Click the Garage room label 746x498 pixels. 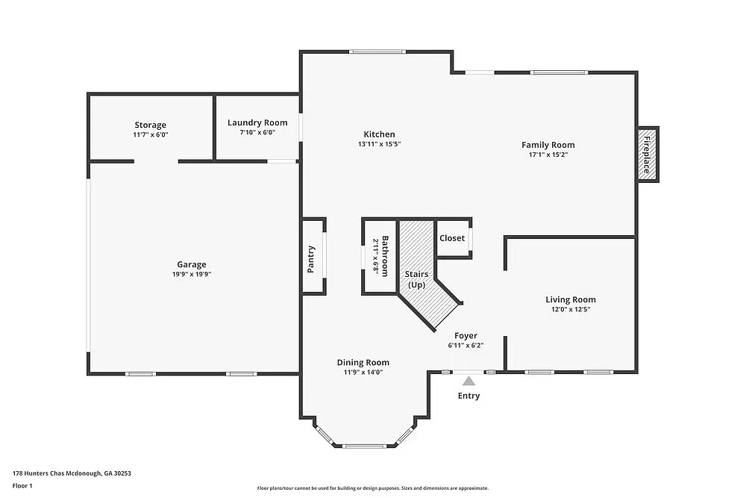(x=191, y=264)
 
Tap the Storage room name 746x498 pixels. (x=150, y=125)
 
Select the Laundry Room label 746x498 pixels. (x=257, y=122)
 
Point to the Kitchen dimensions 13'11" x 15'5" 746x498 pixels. (x=380, y=144)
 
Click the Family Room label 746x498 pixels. (x=548, y=145)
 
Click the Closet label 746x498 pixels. (x=452, y=238)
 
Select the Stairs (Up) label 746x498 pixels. (x=416, y=279)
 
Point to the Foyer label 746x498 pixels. (x=466, y=336)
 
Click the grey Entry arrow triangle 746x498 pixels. (x=468, y=382)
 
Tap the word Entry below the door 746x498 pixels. (x=468, y=396)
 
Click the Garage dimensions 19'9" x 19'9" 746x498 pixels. (x=191, y=274)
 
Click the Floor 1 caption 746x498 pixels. (x=22, y=485)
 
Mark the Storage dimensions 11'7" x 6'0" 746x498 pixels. (x=150, y=134)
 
